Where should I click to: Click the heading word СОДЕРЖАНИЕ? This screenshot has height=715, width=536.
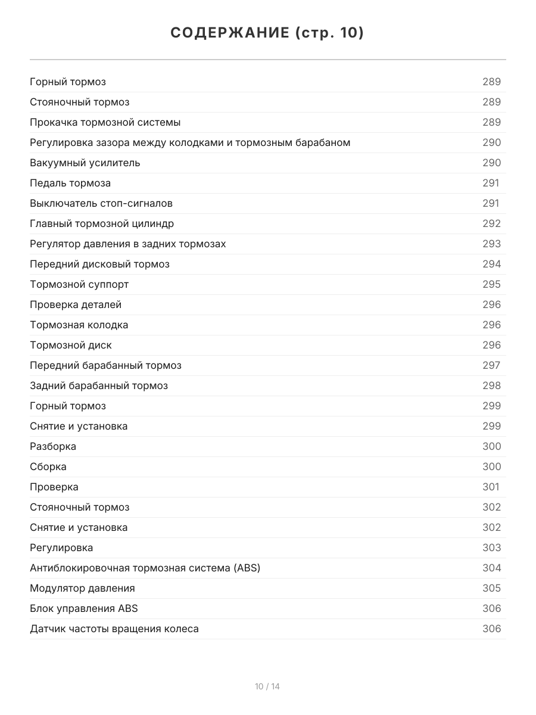229,33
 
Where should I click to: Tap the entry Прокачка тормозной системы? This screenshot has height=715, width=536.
105,122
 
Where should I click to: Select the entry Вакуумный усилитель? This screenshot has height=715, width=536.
85,163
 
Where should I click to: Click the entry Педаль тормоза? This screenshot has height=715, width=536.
70,183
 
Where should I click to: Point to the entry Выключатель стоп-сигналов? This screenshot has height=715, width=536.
101,203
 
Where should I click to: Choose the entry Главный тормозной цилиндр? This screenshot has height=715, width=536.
102,223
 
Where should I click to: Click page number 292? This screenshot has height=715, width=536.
491,223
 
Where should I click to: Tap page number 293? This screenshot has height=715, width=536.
491,244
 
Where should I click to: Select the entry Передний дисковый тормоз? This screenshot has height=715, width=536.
99,264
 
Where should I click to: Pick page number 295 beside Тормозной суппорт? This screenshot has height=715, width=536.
491,284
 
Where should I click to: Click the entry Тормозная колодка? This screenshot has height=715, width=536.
79,325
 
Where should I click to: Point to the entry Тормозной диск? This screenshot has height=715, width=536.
71,345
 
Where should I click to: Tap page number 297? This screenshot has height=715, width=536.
491,365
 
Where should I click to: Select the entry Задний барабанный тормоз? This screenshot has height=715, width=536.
99,386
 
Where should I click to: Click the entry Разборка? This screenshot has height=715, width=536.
53,446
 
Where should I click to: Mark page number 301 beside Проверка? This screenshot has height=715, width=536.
491,487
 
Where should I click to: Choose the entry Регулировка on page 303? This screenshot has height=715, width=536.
61,548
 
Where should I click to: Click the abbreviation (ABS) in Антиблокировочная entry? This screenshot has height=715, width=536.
247,568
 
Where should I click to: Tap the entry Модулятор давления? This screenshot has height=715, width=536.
82,588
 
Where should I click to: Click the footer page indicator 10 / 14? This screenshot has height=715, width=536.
267,686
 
